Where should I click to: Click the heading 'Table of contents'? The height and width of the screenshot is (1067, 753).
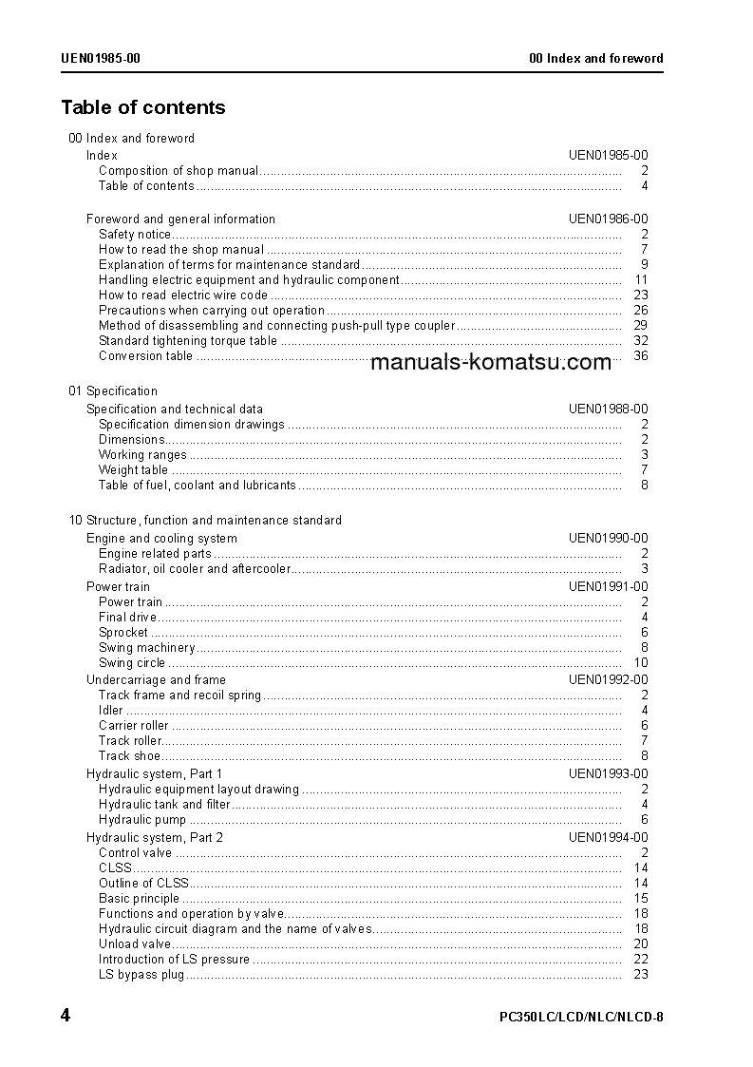click(x=143, y=107)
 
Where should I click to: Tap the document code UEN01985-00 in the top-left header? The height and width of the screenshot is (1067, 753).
click(x=101, y=58)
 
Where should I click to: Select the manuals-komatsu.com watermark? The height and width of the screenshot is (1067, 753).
click(x=491, y=362)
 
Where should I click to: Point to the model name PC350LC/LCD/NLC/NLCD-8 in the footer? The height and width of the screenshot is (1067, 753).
click(x=580, y=1018)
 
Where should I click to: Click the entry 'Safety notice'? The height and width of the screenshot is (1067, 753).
click(x=135, y=234)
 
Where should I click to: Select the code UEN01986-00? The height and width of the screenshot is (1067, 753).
click(x=608, y=219)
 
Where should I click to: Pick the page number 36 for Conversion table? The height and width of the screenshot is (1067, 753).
click(x=640, y=356)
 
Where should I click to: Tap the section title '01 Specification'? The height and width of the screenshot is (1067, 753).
click(x=113, y=391)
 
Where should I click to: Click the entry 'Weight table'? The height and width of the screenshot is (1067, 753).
click(x=133, y=469)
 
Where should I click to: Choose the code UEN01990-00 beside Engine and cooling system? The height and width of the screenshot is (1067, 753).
click(x=608, y=538)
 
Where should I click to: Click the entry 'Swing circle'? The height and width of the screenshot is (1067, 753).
click(x=132, y=662)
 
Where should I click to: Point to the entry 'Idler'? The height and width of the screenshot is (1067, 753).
click(x=111, y=710)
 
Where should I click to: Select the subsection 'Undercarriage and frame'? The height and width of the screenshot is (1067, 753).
click(x=156, y=679)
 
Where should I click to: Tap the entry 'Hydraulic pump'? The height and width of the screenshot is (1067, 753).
click(x=142, y=819)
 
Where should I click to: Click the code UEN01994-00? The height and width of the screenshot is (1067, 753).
click(x=608, y=837)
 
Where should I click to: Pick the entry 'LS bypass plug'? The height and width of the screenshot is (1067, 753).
click(x=141, y=974)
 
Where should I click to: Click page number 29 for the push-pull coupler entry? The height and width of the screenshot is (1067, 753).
click(x=640, y=325)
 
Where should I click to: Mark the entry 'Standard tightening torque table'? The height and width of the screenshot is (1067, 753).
click(x=188, y=340)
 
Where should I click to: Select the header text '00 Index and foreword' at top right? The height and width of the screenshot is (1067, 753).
click(x=595, y=58)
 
